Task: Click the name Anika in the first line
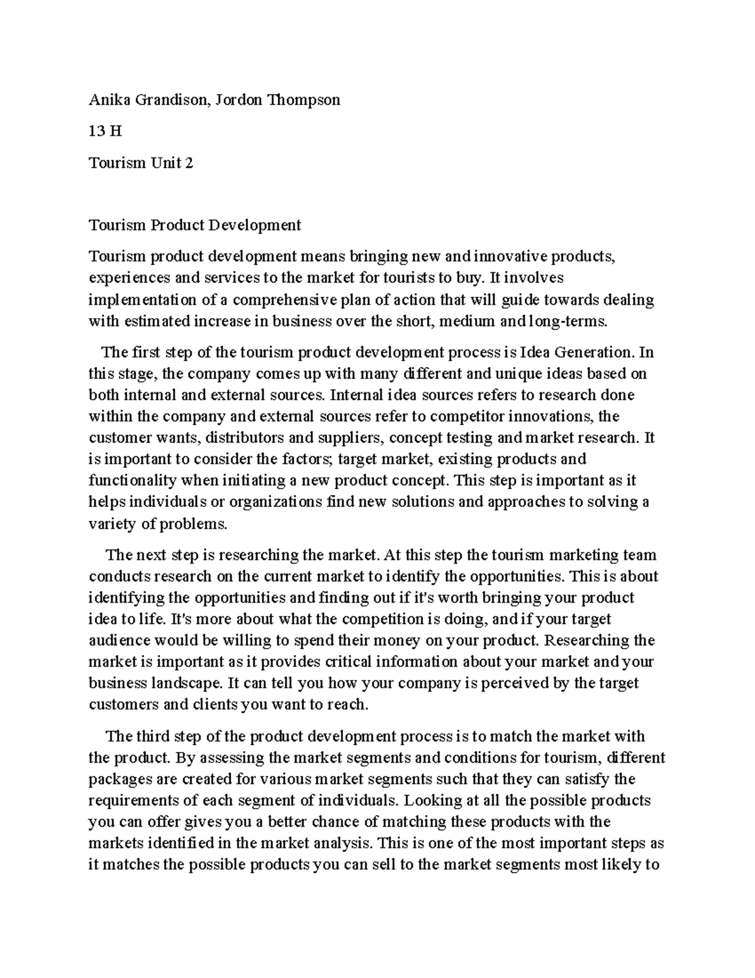pyautogui.click(x=107, y=100)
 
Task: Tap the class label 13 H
pyautogui.click(x=105, y=132)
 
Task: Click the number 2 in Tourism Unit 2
pyautogui.click(x=189, y=163)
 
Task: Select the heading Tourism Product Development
pyautogui.click(x=195, y=225)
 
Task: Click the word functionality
pyautogui.click(x=133, y=480)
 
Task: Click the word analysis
pyautogui.click(x=345, y=843)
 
